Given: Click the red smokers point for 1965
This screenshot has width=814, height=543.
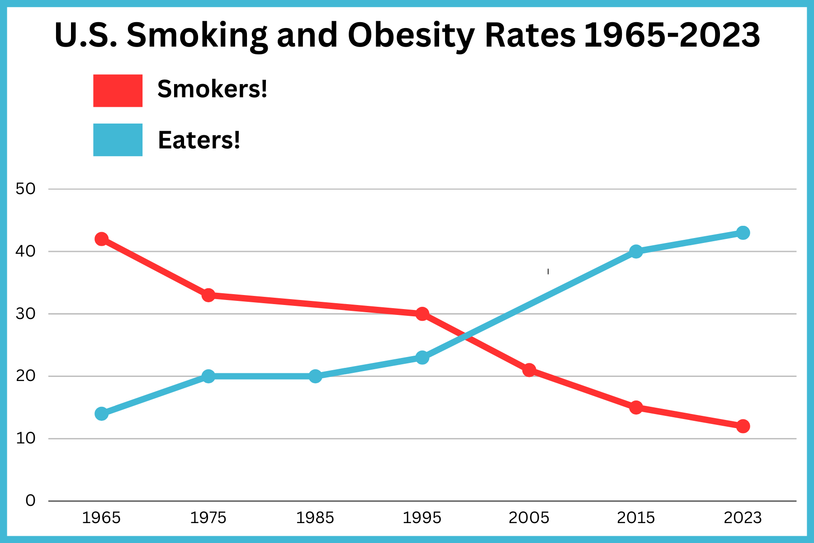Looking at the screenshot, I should coord(102,239).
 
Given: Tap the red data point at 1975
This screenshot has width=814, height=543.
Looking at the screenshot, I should coord(208,295).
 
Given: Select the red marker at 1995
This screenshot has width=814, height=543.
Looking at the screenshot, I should coord(422,314).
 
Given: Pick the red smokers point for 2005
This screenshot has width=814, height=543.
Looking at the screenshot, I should coord(529,370).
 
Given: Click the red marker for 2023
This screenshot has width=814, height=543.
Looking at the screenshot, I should coord(743,426).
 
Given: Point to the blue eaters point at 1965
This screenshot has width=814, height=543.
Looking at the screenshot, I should coord(102,414).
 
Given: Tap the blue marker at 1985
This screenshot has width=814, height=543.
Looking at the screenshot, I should coord(316,376).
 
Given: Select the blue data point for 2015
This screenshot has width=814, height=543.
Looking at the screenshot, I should coord(636,252).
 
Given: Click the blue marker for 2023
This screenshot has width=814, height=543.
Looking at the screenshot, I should coord(743,233).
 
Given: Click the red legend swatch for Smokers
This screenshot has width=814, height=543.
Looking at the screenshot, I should coord(118,90).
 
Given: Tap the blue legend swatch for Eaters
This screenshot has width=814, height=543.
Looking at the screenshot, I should coord(118,140).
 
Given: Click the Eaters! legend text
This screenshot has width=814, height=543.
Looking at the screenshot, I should coord(199,140).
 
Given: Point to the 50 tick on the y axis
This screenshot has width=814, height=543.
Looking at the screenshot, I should coord(25,189).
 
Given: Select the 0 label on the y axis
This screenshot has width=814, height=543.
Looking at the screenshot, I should coord(30,501).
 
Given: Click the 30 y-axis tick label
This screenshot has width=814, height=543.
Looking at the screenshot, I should coord(25,314).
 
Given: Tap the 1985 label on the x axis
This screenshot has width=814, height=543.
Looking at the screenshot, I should coord(315,518).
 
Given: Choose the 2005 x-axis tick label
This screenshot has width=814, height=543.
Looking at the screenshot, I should coord(529,518).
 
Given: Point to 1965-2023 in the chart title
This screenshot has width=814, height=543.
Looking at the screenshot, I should coord(672,35).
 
